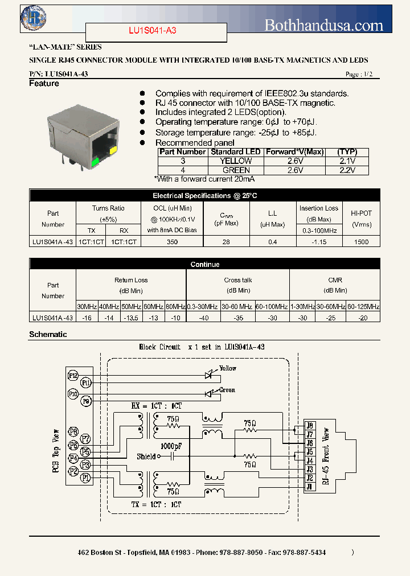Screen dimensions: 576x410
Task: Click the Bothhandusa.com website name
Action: coord(324,25)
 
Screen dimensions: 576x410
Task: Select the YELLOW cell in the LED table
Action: coord(236,161)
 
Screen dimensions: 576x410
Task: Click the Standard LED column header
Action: coord(236,152)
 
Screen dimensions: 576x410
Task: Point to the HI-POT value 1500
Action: coord(361,242)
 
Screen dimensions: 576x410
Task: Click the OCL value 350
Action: coord(172,242)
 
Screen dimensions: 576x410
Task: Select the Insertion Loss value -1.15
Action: coord(318,242)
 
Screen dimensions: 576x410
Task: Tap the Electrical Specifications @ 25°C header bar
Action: coord(204,196)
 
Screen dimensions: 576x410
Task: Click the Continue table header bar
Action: coord(204,264)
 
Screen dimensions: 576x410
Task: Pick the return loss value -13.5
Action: coord(131,318)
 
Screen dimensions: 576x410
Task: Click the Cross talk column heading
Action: coord(237,280)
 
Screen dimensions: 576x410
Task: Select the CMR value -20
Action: coord(363,318)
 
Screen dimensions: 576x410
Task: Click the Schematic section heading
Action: coord(48,335)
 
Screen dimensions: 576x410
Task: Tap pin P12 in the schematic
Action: coord(73,375)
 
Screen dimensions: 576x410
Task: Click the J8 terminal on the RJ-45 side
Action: coord(309,425)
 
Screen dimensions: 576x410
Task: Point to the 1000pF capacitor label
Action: coord(171,446)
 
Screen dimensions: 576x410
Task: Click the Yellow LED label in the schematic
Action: coord(228,368)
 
